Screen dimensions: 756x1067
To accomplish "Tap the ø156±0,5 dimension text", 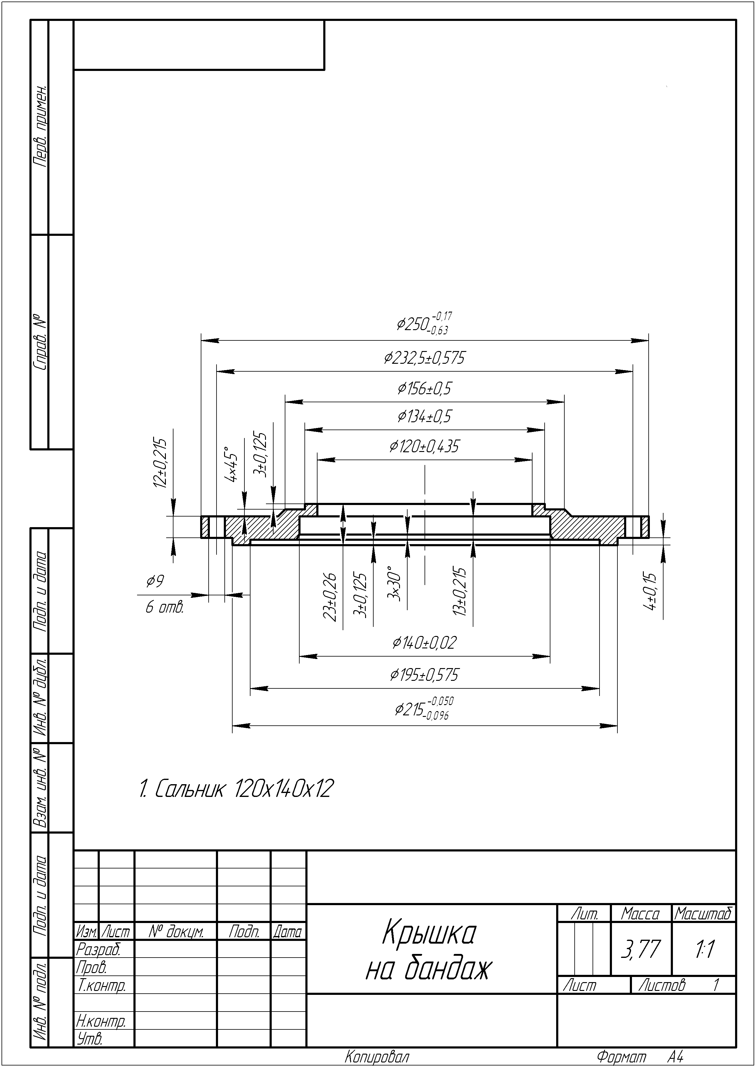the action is pyautogui.click(x=425, y=388).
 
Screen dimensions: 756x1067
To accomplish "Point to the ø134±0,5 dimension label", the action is pyautogui.click(x=425, y=416).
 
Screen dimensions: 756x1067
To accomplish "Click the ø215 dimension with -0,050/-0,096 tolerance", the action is pyautogui.click(x=424, y=708).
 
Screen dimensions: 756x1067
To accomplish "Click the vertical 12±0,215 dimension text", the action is pyautogui.click(x=160, y=463).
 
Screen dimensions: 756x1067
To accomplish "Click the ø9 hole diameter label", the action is pyautogui.click(x=155, y=581).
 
